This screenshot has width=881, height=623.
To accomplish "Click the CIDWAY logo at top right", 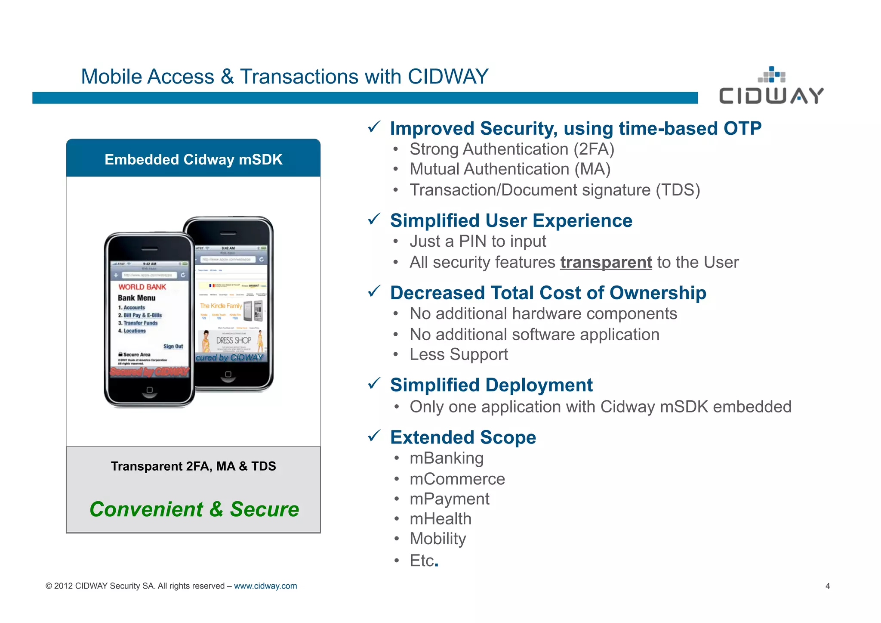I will coord(771,87).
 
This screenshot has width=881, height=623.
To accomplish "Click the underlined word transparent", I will coord(606,262).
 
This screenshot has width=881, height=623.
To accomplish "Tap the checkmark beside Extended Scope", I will coord(374,436).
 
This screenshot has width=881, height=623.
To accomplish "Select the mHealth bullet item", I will coord(440,519).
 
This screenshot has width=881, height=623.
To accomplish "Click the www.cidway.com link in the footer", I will coord(265,586).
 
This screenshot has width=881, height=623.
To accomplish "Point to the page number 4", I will coord(827,586).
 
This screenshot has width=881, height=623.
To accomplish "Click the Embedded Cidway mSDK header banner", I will coord(193,159).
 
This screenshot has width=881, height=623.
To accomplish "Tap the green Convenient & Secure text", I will coord(194,509).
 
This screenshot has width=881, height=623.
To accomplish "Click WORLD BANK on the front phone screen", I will coord(142,287).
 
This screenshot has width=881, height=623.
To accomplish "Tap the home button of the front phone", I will coord(149,390).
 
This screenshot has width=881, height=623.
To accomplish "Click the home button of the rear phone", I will coord(228,374).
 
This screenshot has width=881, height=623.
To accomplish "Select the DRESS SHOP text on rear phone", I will coord(233,340).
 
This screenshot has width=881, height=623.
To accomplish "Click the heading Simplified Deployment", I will coord(491,385).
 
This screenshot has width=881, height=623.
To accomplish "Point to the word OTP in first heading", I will coord(742,128).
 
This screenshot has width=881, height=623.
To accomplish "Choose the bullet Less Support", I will coord(458,354).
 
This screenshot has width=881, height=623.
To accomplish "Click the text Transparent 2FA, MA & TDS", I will coord(193,466).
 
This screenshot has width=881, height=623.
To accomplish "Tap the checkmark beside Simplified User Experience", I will coord(374,219).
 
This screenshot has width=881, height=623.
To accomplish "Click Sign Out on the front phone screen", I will coord(173,346).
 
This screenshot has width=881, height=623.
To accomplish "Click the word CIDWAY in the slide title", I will coord(447,77).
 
